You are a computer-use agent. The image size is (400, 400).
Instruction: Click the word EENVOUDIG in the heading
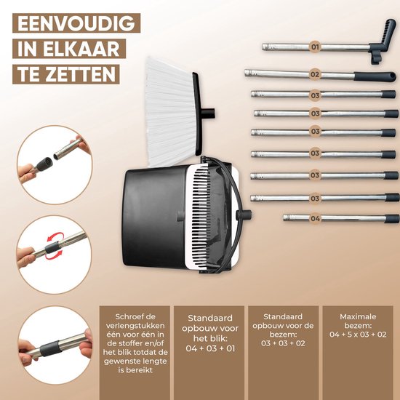pos(76,23)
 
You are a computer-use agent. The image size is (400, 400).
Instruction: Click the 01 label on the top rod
pos(316,47)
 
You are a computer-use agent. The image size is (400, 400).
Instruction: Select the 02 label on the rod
pos(315,74)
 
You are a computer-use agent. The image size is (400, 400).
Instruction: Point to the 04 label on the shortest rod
pos(316,218)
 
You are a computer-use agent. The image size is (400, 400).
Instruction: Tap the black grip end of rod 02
pos(375,76)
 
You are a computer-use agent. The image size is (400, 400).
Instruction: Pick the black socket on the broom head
pos(208,113)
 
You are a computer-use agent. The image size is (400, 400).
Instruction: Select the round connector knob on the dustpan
pos(244,215)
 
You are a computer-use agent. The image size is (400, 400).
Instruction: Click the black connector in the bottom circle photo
pos(51,348)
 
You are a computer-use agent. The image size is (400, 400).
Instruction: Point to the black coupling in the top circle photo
pos(44,164)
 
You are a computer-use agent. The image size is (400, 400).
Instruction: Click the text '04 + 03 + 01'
pos(210,348)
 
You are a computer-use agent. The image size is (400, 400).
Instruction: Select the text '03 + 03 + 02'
pos(283,343)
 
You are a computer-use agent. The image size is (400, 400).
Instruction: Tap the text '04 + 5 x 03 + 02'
pos(358,335)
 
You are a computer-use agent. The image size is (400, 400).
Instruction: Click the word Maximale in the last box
pos(358,316)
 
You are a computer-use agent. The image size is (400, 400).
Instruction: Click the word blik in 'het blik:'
pos(219,338)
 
